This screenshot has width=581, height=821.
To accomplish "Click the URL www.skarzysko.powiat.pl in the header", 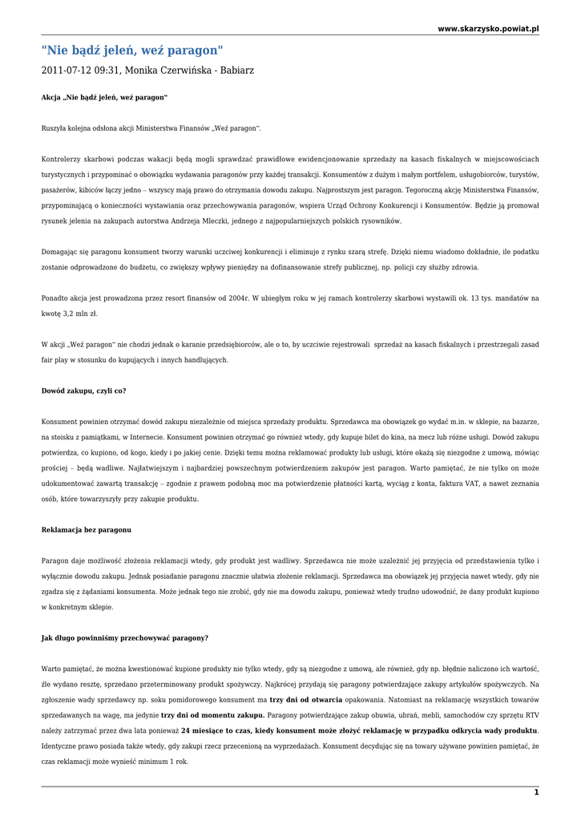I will coord(488,29).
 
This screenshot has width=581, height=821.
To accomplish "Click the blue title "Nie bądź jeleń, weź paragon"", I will coord(132,51).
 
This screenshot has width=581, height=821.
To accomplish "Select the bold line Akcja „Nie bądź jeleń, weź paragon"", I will coord(104,97).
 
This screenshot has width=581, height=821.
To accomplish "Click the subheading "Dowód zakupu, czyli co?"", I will coord(83,390).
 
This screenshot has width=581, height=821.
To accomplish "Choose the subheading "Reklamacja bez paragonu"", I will coord(86,530).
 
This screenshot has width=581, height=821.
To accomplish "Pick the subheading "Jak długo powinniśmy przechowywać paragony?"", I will coord(124,637).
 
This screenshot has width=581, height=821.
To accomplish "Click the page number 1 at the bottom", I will coord(536,792).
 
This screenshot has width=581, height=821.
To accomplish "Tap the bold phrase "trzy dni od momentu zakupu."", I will coord(212,714).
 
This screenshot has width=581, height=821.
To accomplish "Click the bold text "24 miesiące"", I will coord(204,730).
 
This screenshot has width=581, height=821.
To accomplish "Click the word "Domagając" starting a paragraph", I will coord(60,252).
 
